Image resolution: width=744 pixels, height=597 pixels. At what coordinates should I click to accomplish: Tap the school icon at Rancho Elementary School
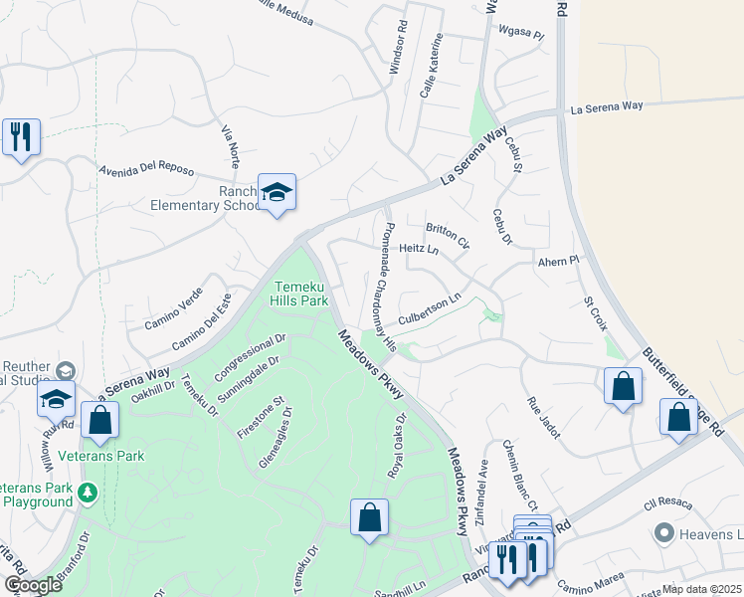(x=277, y=194)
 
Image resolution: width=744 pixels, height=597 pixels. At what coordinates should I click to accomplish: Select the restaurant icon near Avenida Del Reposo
(x=21, y=137)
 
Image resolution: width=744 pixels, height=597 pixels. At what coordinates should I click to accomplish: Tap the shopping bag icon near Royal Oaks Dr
(x=369, y=517)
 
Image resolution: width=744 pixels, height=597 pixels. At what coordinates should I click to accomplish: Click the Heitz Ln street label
(x=419, y=249)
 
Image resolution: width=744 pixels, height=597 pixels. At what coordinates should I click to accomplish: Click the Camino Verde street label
(x=174, y=307)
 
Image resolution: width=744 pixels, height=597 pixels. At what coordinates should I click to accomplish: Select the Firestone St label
(x=261, y=418)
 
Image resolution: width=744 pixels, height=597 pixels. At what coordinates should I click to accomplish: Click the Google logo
(x=33, y=585)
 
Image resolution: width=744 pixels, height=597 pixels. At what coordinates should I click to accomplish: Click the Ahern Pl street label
(x=557, y=261)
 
